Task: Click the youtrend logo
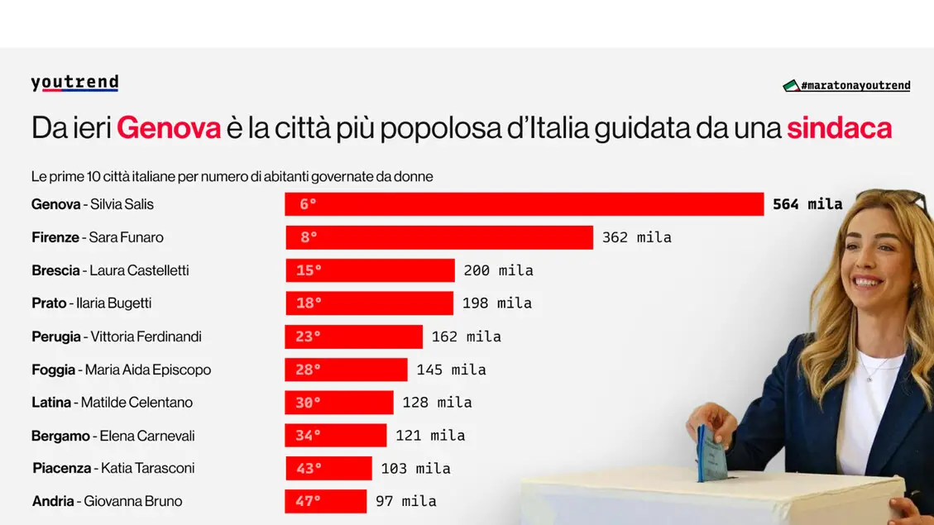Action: coord(74,83)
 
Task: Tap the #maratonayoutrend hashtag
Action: coord(847,86)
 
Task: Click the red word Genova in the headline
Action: coord(169,128)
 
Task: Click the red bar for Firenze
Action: coord(439,237)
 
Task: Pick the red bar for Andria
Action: coord(325,501)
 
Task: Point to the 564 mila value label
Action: coord(807,204)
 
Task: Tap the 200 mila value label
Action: coord(498,270)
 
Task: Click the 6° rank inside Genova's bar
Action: coord(308,204)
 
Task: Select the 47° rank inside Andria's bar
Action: coord(308,501)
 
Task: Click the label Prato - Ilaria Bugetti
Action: coord(91,303)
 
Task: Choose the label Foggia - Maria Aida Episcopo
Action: coord(121,370)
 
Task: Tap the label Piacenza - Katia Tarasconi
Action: coord(113,468)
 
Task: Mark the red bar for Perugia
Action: coord(353,336)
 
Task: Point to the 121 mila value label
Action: coord(430,436)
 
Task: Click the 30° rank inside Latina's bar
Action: coord(308,403)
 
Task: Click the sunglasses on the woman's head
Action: coord(897,199)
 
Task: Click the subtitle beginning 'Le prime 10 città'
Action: coord(232,176)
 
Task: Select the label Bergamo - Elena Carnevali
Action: coord(113,436)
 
